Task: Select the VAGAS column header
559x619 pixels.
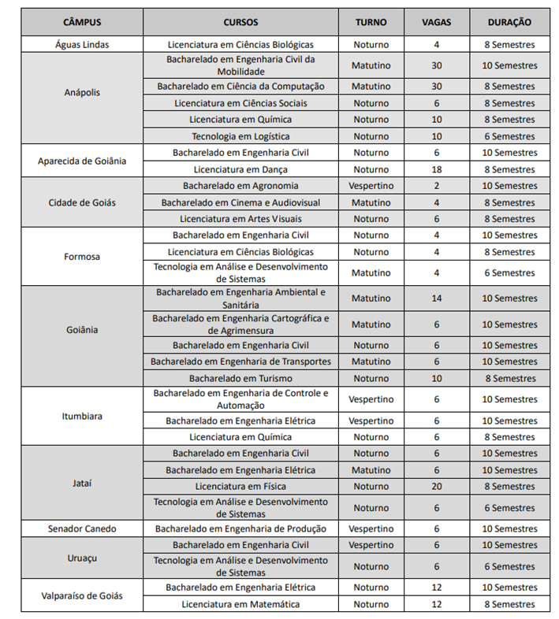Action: [436, 22]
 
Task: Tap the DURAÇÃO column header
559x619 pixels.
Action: [509, 22]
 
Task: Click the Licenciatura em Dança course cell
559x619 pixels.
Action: [240, 169]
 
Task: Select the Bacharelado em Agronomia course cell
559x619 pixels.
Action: [240, 186]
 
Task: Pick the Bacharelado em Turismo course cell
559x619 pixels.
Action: [240, 378]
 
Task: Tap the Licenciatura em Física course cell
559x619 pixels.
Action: [240, 487]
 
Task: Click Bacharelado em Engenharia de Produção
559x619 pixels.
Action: [240, 528]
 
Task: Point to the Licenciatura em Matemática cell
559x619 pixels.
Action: [240, 604]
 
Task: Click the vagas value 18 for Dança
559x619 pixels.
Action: [436, 169]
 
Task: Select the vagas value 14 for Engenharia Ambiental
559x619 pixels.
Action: [436, 298]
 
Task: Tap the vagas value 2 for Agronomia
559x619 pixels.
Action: [436, 186]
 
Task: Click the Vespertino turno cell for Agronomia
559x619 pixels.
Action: [371, 186]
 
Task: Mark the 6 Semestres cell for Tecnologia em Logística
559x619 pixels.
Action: [509, 136]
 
